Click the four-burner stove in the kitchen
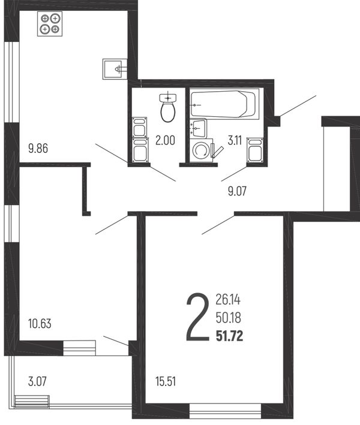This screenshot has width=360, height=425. [50, 23]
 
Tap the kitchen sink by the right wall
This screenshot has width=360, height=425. [115, 69]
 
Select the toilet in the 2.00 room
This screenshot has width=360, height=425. [168, 108]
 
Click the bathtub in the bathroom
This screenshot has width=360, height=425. [224, 104]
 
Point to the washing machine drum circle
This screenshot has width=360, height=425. [200, 150]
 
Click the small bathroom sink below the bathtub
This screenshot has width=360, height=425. [198, 129]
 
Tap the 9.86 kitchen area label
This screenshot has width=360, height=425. [38, 148]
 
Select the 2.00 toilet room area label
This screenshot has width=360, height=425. [165, 140]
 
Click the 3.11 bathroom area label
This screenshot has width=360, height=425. [235, 140]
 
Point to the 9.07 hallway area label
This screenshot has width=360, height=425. [237, 191]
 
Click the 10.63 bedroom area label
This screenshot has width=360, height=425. [40, 323]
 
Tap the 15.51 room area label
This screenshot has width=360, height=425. [166, 381]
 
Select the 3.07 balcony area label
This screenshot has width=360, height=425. [37, 381]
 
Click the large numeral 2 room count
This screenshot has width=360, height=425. [198, 317]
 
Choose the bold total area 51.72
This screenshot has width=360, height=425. [230, 336]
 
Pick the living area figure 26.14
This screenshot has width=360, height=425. [228, 300]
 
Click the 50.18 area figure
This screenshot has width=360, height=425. [229, 318]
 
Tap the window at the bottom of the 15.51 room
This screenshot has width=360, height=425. [225, 411]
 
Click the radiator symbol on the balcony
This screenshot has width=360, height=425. [32, 402]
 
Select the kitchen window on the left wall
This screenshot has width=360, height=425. [11, 82]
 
